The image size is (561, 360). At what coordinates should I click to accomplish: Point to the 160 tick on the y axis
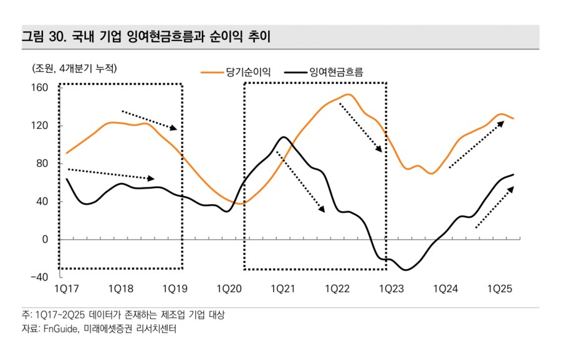point(40,88)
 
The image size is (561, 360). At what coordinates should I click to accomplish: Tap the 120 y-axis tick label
point(40,126)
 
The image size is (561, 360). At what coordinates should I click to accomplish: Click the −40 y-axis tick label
point(39,278)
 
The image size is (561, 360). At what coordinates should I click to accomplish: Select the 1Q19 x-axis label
point(175,289)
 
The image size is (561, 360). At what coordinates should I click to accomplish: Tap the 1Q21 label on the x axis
point(283,289)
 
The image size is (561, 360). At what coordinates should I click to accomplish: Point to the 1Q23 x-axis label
point(391,289)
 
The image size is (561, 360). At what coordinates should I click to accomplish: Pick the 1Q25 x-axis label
point(499,289)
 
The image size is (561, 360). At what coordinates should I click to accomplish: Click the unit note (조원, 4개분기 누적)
point(74,68)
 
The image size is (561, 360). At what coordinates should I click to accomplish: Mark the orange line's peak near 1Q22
point(347,95)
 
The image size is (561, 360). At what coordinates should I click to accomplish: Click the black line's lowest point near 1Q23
point(406,270)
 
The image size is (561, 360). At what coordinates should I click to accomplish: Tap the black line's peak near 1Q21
point(283,137)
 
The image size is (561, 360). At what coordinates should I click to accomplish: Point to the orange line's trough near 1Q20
point(242,204)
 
